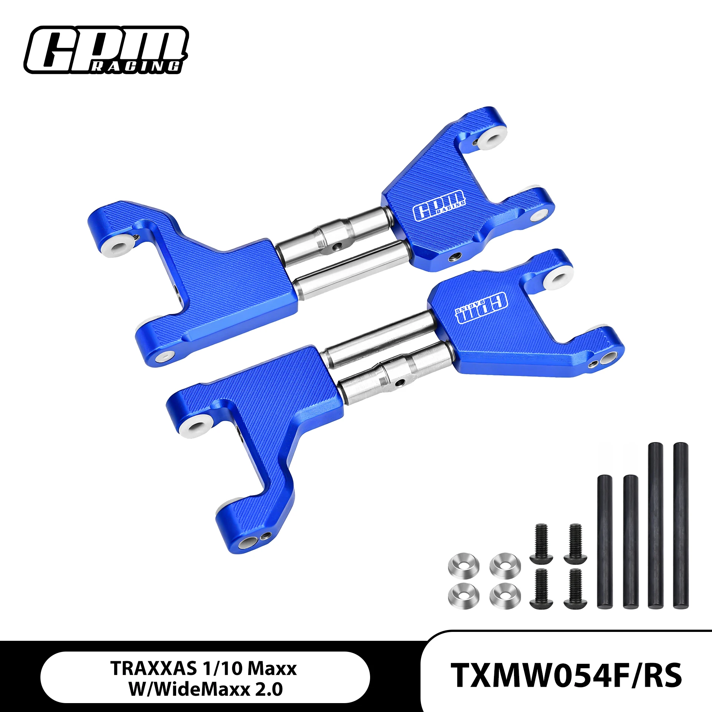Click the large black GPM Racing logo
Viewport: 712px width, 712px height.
click(106, 50)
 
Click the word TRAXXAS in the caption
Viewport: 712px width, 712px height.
click(154, 669)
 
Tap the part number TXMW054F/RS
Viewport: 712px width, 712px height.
click(566, 675)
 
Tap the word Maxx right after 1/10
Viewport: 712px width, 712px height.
click(272, 669)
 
